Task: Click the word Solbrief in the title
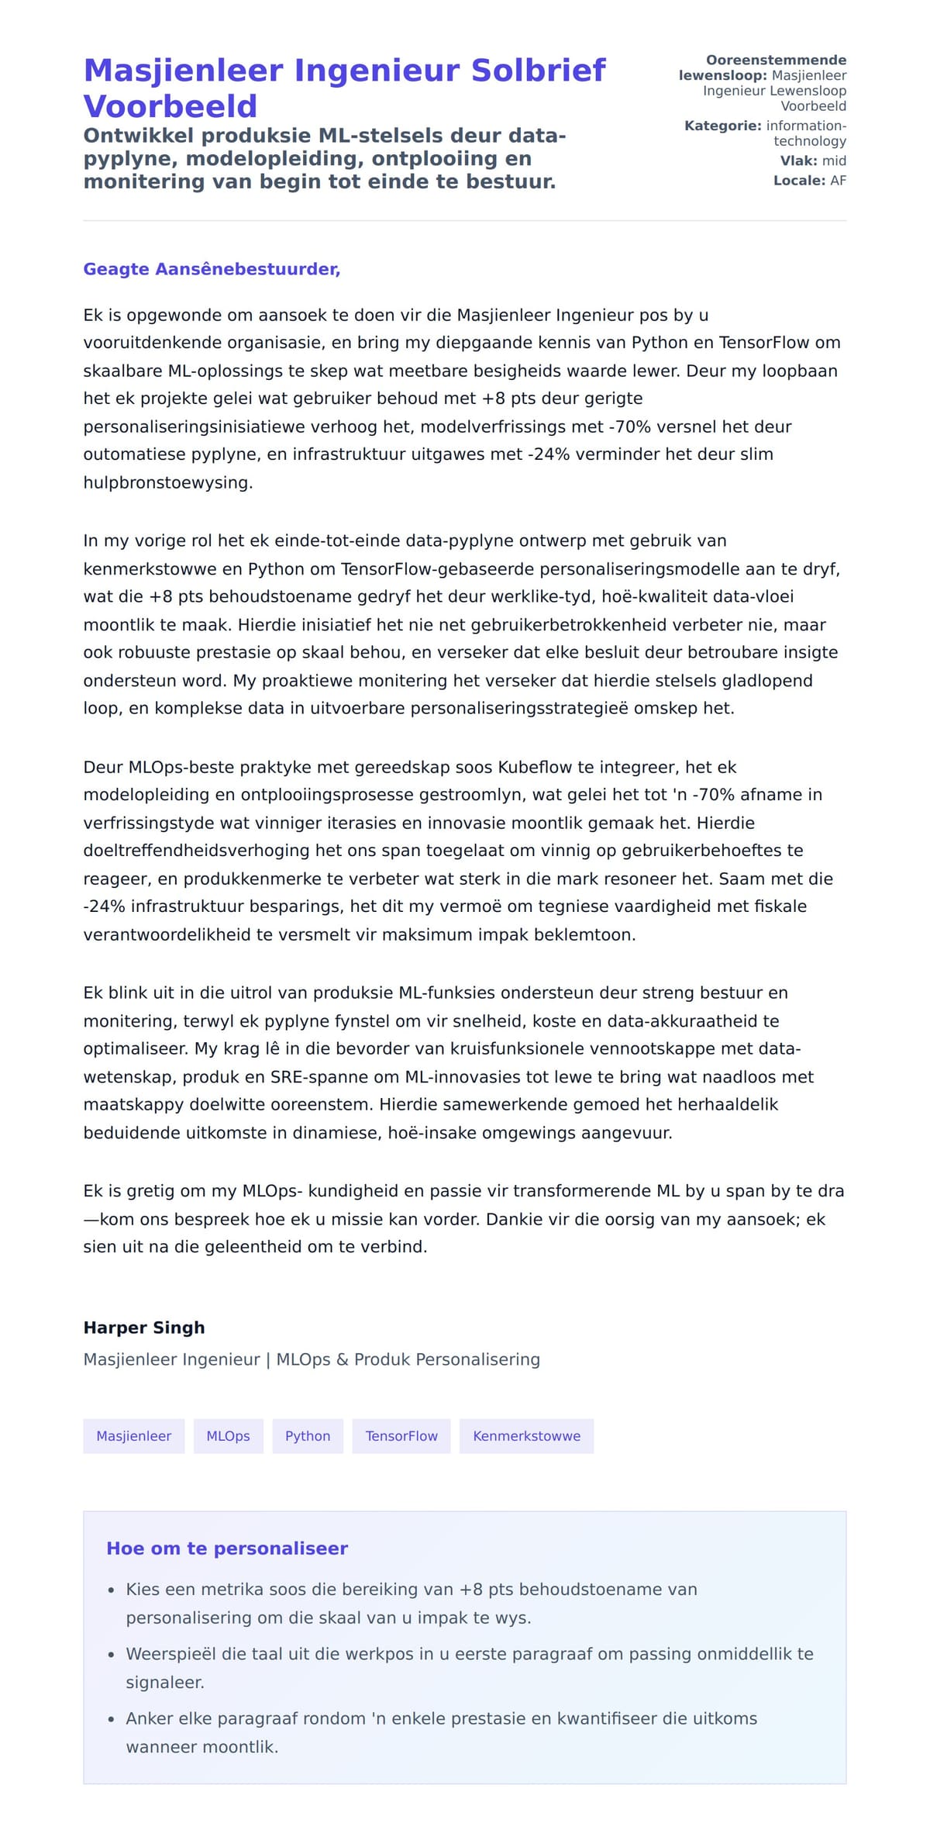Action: pos(538,71)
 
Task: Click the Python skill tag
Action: pos(308,1436)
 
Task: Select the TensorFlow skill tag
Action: pos(401,1436)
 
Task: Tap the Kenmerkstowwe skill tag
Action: pos(526,1436)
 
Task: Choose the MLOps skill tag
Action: pos(228,1436)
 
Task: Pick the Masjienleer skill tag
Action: pos(133,1436)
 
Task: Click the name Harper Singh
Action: pos(144,1328)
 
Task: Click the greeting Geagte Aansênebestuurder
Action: pos(212,269)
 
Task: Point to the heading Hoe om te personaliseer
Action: pos(227,1549)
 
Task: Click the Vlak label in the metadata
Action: pos(798,161)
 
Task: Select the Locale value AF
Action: pos(838,181)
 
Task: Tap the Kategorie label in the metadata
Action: pos(722,126)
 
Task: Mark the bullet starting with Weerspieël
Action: pos(469,1654)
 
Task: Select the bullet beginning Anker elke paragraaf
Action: pos(441,1718)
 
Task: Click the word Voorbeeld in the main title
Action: pos(170,106)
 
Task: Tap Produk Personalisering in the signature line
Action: pos(446,1359)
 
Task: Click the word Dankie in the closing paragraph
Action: pos(511,1219)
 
